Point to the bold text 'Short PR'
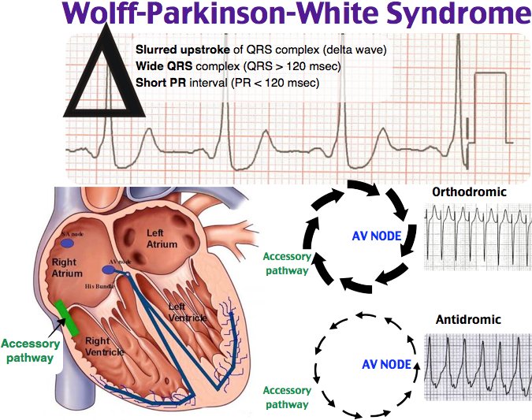click(159, 80)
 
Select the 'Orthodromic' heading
click(468, 192)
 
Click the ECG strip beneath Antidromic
click(476, 366)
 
